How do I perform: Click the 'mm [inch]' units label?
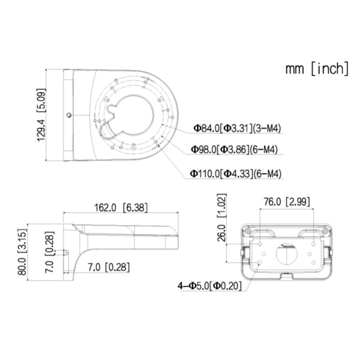pos(317,68)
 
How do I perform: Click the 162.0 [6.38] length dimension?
pos(121,208)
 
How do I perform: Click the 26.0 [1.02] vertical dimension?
pos(222,224)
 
